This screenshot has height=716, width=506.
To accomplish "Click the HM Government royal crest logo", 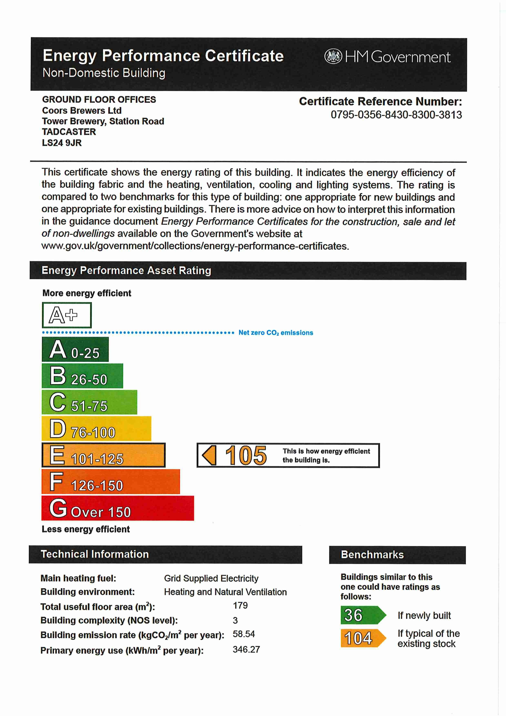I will click(333, 57).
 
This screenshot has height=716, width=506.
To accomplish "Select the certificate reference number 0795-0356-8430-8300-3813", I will click(396, 115).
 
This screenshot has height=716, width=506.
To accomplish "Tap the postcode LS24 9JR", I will click(62, 143).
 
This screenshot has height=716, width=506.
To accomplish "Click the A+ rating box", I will click(67, 315).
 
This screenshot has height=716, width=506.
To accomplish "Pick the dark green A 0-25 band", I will click(75, 349).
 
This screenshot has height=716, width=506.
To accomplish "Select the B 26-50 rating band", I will click(82, 376).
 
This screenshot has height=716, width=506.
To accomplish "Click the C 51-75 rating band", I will click(90, 402).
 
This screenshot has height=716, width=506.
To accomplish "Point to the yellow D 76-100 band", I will click(96, 428).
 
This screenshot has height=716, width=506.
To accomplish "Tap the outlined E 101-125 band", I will click(103, 455).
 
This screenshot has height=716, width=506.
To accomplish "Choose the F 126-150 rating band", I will click(111, 481).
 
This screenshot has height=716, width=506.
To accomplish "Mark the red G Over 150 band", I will click(118, 508).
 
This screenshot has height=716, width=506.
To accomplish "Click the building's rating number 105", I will click(246, 455).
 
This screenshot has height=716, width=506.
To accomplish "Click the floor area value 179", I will click(240, 606).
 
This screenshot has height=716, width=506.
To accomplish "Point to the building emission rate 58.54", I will click(244, 634).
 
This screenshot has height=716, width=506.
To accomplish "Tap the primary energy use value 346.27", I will click(246, 650).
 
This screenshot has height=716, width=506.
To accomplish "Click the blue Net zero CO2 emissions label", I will click(276, 333).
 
